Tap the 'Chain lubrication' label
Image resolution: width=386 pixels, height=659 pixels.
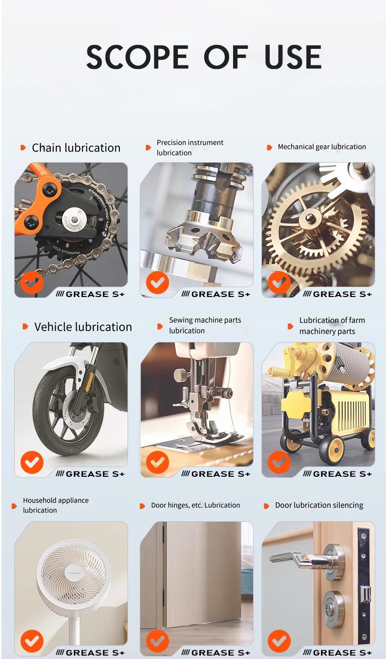(76, 148)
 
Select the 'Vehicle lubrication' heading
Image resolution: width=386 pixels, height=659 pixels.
(83, 327)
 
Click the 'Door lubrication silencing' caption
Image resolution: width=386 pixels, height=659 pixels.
(319, 505)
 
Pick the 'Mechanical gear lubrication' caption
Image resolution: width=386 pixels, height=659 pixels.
(322, 147)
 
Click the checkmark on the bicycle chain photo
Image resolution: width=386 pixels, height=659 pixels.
(32, 282)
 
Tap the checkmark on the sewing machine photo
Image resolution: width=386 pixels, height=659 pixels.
(157, 462)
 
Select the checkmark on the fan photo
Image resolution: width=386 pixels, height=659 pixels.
(32, 641)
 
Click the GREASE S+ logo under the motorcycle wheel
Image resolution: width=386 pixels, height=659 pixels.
(90, 474)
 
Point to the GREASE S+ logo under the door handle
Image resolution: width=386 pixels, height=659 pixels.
(337, 653)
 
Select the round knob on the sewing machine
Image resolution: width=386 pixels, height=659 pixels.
(179, 375)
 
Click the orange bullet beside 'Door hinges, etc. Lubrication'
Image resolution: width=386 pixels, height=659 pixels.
(142, 506)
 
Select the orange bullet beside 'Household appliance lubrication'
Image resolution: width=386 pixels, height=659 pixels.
(14, 506)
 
